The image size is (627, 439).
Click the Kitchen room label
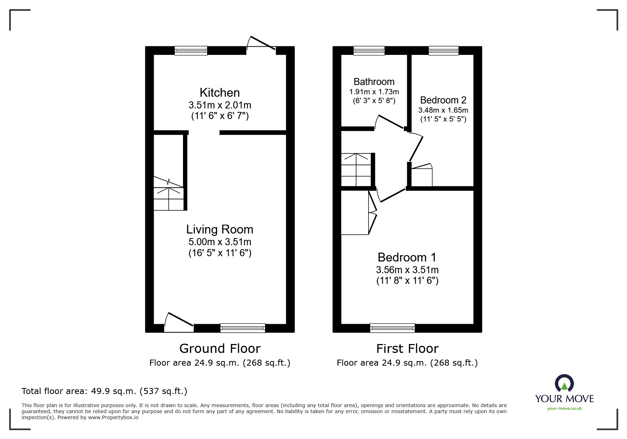(220, 92)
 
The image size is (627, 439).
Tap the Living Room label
(220, 230)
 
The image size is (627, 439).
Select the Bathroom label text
(374, 82)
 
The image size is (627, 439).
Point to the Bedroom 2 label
(443, 100)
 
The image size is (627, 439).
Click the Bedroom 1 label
(407, 257)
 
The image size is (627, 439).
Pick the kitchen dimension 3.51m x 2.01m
(220, 105)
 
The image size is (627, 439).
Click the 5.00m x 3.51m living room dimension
(220, 242)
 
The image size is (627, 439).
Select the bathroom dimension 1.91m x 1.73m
(374, 92)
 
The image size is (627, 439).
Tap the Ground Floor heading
(220, 349)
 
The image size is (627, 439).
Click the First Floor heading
(407, 349)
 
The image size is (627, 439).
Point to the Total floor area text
(104, 391)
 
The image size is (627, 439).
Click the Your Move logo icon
(564, 383)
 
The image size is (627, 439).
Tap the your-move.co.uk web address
(564, 409)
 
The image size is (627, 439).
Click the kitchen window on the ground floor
(191, 51)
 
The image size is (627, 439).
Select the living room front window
(243, 328)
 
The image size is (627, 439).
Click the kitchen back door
(261, 45)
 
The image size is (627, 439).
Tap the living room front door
(179, 322)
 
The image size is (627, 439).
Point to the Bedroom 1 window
(392, 328)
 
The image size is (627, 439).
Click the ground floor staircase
(169, 194)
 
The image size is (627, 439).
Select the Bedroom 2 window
(444, 51)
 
